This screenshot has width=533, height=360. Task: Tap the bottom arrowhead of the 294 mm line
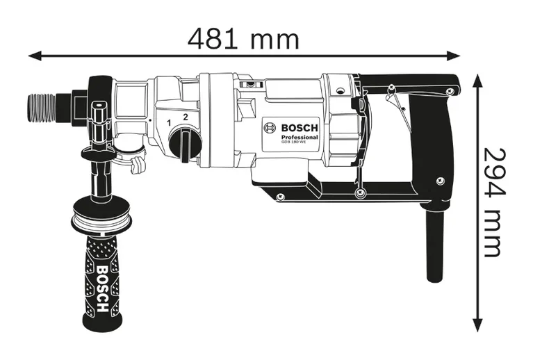[477, 324]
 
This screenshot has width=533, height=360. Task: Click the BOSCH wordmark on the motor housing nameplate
[299, 128]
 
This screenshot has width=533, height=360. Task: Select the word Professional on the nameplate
[300, 138]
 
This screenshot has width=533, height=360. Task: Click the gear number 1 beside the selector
[169, 123]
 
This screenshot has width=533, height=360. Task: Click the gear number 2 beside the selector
[185, 117]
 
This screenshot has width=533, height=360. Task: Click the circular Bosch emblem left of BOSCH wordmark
[270, 129]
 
